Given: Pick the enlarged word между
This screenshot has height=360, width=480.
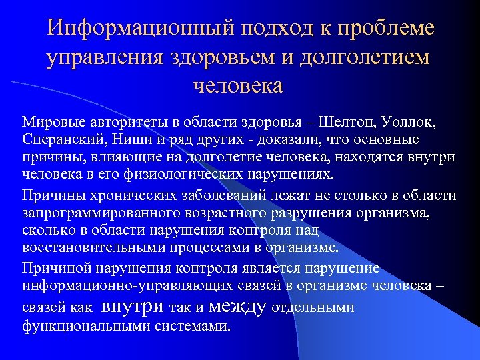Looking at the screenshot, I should tap(237, 306).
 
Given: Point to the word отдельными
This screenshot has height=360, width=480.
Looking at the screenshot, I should tap(313, 308).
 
